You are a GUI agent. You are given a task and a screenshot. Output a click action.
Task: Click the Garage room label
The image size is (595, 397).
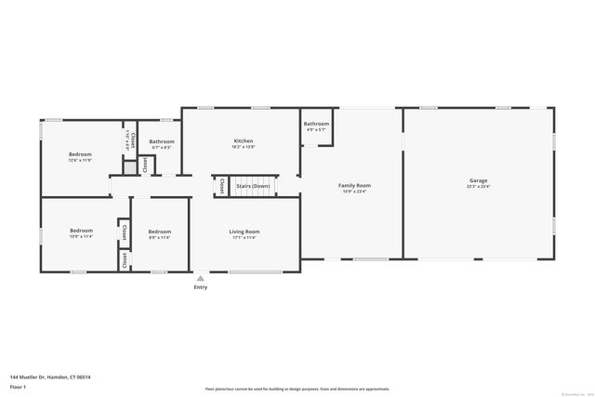(478, 180)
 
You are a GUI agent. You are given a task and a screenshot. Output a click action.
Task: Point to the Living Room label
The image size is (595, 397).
(245, 231)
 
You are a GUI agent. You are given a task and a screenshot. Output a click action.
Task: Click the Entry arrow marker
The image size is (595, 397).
(200, 278)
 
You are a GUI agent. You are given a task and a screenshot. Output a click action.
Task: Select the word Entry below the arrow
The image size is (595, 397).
(200, 287)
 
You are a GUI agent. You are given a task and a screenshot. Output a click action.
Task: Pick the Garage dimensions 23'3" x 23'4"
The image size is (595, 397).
(478, 186)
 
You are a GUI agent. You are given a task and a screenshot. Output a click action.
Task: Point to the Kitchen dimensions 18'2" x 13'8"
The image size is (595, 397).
(243, 147)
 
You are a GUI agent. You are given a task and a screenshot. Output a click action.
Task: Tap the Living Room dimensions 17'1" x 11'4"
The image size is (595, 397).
(245, 237)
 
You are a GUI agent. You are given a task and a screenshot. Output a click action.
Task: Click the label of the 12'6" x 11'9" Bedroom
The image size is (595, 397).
(80, 154)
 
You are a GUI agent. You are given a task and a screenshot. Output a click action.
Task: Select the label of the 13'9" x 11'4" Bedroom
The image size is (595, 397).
(81, 231)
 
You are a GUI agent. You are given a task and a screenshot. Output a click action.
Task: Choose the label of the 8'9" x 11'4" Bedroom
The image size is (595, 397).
(160, 231)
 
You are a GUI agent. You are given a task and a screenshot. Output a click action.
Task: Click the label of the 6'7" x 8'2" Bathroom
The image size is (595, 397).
(162, 141)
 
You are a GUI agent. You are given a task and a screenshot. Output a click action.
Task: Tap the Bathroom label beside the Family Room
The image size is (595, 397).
(316, 124)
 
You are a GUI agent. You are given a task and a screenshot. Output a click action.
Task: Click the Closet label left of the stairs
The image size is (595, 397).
(221, 186)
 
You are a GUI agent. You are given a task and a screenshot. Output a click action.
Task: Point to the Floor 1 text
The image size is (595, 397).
(18, 386)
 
